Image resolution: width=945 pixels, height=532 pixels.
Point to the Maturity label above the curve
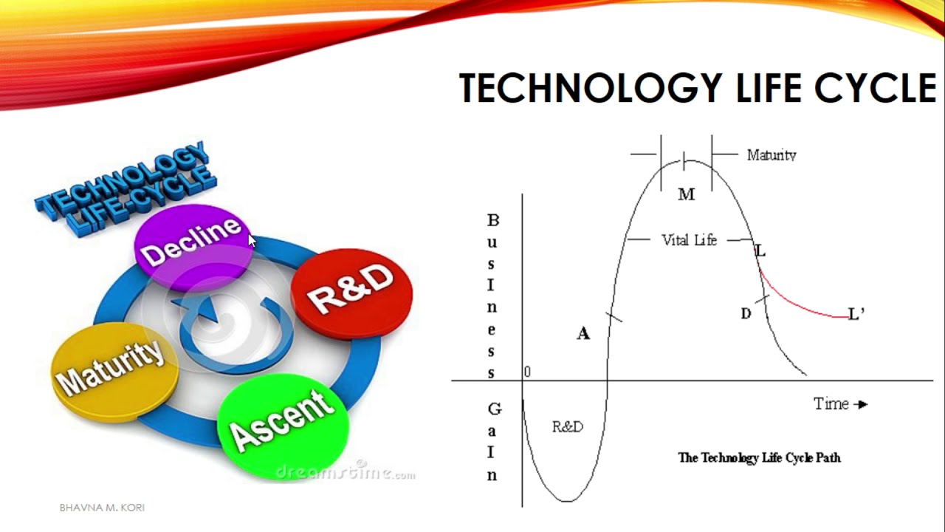771,155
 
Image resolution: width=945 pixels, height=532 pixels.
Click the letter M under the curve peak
686,194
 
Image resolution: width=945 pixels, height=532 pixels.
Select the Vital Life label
688,240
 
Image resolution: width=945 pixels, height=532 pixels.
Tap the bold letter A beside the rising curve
583,334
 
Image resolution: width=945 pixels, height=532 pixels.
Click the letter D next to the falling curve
746,314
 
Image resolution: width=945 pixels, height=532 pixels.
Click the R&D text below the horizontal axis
567,426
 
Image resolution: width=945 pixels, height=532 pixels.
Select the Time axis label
831,403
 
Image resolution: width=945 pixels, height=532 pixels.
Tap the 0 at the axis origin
526,372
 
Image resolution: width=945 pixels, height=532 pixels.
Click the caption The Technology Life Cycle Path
759,457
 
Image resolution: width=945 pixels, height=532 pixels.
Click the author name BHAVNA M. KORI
102,508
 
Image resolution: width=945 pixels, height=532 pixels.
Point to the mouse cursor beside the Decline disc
252,240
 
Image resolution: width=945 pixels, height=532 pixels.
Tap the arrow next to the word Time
861,404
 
